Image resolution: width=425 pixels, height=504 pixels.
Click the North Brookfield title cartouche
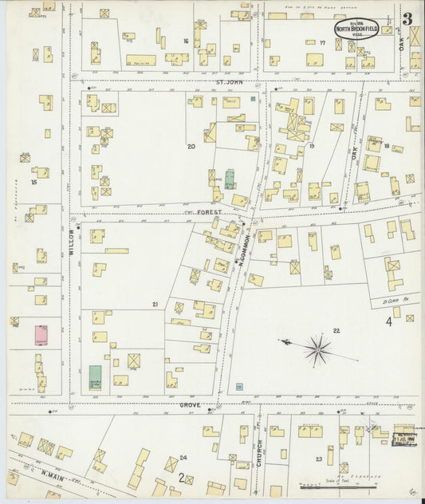[356, 28]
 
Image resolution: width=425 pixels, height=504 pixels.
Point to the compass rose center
[317, 348]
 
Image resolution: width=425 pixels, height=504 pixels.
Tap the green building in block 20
[230, 179]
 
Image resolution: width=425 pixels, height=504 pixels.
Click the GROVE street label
[189, 405]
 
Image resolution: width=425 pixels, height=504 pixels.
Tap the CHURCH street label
[260, 451]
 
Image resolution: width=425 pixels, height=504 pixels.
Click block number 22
[336, 330]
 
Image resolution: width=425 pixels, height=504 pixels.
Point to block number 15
[33, 183]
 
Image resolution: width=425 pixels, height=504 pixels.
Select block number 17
[322, 42]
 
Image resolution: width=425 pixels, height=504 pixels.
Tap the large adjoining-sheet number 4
[390, 321]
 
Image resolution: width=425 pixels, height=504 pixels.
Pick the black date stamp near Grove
[403, 438]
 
